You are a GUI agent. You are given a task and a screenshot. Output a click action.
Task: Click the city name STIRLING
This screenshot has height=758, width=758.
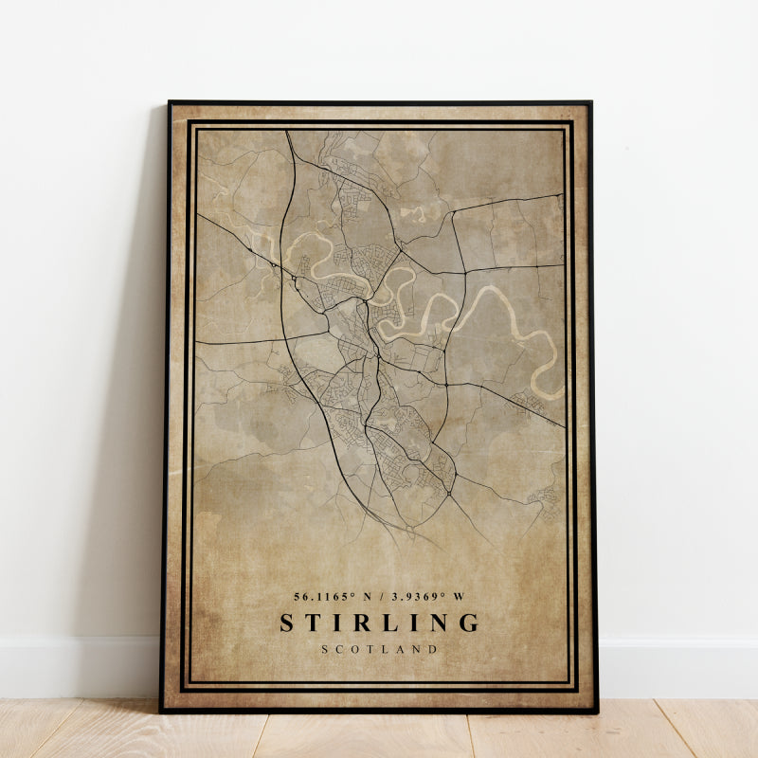(379, 623)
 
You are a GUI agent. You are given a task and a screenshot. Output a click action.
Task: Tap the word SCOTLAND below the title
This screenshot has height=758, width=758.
(379, 649)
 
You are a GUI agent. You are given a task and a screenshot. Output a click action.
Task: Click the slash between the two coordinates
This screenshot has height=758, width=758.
(380, 596)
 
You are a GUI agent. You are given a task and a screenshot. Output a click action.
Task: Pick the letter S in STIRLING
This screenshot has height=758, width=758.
(287, 623)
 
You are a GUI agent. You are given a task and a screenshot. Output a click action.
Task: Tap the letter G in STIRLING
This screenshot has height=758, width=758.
(469, 623)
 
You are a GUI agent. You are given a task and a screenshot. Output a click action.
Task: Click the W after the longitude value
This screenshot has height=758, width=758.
(460, 596)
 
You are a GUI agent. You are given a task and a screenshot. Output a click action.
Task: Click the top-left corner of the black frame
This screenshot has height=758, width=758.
(169, 101)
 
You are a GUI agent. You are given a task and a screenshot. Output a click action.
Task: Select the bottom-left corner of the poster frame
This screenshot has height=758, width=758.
(161, 710)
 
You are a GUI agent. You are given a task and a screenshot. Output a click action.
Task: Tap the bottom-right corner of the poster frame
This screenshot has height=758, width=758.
(597, 712)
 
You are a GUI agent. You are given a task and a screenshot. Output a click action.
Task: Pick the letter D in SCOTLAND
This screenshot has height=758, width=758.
(433, 649)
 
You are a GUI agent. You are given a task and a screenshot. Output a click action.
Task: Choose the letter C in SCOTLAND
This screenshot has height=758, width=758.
(339, 649)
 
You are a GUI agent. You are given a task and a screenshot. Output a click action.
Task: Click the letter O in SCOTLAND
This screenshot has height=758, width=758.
(354, 649)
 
